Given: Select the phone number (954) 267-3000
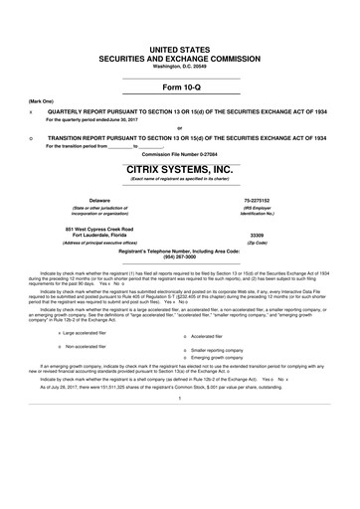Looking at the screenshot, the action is (179, 257).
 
